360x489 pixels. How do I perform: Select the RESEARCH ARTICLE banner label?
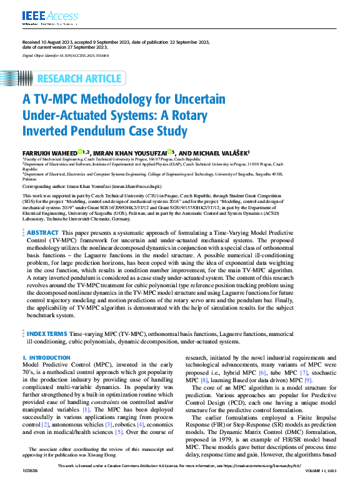pos(79,79)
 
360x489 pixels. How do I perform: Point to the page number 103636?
pos(31,485)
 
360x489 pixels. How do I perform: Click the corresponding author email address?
pos(137,187)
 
